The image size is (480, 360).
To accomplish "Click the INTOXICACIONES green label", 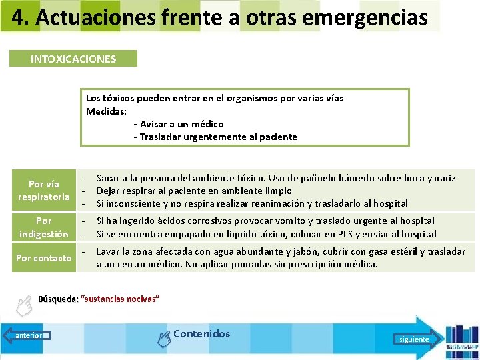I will click(x=73, y=59).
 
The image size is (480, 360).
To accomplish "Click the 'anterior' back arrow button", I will click(x=27, y=335).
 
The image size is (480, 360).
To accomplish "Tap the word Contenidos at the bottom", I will click(x=201, y=334).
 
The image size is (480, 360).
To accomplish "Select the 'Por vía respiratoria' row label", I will click(x=44, y=190).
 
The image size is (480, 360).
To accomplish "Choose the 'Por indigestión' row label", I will click(x=44, y=227).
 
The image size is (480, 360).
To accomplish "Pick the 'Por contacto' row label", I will click(x=44, y=258).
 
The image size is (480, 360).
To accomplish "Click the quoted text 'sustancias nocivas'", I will click(x=120, y=299).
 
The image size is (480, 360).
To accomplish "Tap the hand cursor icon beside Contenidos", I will click(x=163, y=339).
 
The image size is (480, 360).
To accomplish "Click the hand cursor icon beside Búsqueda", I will click(x=24, y=306).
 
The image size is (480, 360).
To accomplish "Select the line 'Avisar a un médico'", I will click(x=179, y=124).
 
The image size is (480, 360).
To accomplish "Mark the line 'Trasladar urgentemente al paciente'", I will click(x=215, y=137).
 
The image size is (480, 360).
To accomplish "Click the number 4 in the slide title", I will click(x=18, y=18).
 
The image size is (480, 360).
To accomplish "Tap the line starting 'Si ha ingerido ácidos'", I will click(x=265, y=221).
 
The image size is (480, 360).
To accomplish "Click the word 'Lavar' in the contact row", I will click(x=109, y=251).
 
